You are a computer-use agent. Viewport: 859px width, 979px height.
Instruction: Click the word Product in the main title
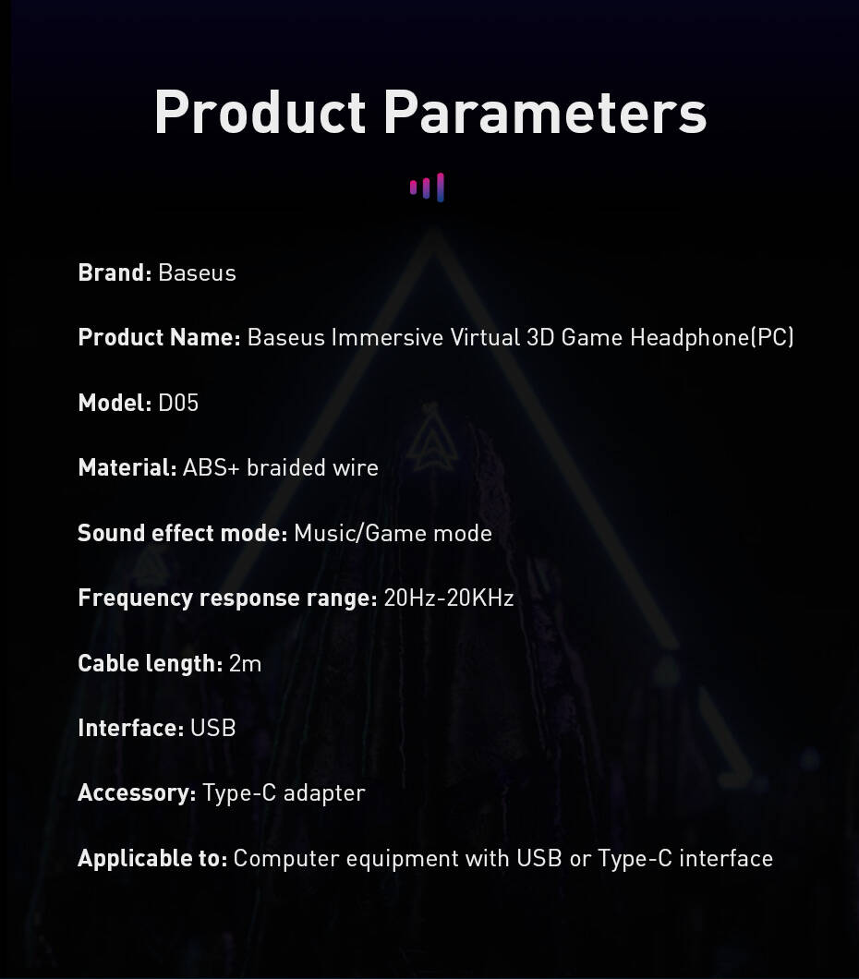pyautogui.click(x=260, y=112)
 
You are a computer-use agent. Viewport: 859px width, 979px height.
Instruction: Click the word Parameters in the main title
pyautogui.click(x=545, y=112)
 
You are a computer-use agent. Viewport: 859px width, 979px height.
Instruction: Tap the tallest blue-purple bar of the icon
pyautogui.click(x=440, y=187)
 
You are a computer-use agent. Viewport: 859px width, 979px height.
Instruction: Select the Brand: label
pyautogui.click(x=115, y=272)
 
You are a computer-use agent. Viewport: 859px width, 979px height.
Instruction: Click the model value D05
pyautogui.click(x=178, y=403)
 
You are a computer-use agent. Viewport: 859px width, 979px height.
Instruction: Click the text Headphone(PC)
pyautogui.click(x=711, y=338)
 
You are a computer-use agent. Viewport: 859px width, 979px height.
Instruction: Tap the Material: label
pyautogui.click(x=127, y=467)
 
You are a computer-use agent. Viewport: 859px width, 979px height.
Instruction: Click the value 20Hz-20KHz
pyautogui.click(x=449, y=598)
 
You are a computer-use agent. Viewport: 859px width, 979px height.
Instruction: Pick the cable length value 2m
pyautogui.click(x=246, y=663)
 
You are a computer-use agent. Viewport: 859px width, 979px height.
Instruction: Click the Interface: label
pyautogui.click(x=130, y=728)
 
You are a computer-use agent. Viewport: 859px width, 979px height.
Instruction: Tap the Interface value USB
pyautogui.click(x=212, y=728)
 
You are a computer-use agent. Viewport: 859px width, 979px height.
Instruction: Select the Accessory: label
pyautogui.click(x=137, y=793)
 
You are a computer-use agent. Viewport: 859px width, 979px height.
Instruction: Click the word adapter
pyautogui.click(x=324, y=793)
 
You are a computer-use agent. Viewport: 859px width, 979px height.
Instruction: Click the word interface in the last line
pyautogui.click(x=726, y=859)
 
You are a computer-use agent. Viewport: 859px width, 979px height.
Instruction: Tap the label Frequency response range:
pyautogui.click(x=227, y=598)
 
